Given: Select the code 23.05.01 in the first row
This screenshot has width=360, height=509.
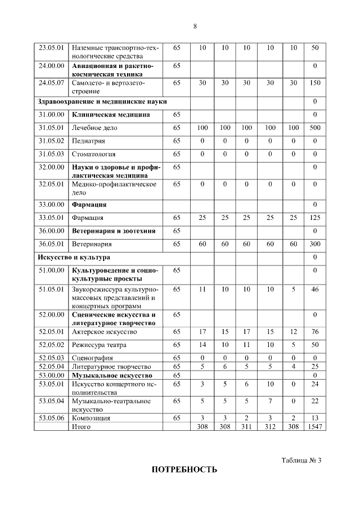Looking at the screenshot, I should tap(51, 48).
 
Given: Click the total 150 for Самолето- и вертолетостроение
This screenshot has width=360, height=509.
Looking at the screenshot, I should tap(314, 83).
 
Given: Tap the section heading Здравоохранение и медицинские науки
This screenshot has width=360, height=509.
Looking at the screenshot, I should tap(102, 101).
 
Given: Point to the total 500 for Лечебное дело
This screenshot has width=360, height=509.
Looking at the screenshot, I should tap(314, 128).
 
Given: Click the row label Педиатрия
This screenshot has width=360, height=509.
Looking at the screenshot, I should tap(89, 141).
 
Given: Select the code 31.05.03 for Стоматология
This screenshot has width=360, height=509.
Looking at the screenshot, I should tap(51, 154).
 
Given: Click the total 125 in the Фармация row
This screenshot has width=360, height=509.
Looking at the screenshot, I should tap(314, 218).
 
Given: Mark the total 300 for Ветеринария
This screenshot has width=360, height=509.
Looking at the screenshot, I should tap(314, 244).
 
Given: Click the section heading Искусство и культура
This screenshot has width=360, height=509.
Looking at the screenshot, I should tap(74, 257).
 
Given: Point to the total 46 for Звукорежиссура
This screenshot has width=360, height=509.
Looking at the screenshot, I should tap(314, 289).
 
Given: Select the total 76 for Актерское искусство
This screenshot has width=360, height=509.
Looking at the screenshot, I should tap(314, 332).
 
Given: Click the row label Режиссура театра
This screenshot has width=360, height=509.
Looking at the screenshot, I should tap(99, 345).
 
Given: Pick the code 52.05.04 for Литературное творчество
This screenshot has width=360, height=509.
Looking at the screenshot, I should tap(51, 367).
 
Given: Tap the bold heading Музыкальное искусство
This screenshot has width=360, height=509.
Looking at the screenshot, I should tap(112, 375).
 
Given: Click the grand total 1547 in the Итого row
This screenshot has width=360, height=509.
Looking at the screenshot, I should tap(314, 427).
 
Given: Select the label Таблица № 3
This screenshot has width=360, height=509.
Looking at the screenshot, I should tap(301, 461).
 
